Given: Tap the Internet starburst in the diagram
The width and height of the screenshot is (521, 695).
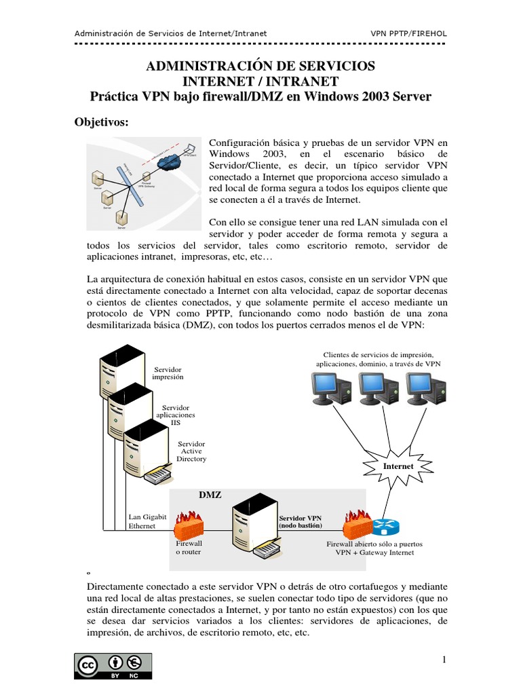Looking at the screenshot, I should [x=398, y=467].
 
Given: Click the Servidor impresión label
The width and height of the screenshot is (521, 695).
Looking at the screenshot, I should [x=168, y=372].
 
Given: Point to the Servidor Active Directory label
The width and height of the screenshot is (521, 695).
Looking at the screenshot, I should [x=191, y=451].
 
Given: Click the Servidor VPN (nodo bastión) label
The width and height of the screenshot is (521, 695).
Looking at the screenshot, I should [x=301, y=522].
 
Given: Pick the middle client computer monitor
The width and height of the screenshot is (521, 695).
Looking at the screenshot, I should [x=378, y=389].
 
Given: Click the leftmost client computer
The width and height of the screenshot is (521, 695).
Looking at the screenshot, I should [x=330, y=389].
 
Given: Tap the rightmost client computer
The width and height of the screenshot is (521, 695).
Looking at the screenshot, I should [x=426, y=389].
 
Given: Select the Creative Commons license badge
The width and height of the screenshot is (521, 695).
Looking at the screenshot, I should [x=113, y=666].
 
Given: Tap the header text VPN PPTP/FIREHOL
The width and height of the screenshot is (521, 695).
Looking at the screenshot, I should [x=408, y=33].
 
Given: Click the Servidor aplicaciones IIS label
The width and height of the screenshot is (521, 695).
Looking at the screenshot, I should [x=176, y=414].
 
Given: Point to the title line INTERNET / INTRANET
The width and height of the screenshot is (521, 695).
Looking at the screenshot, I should [x=260, y=81].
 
